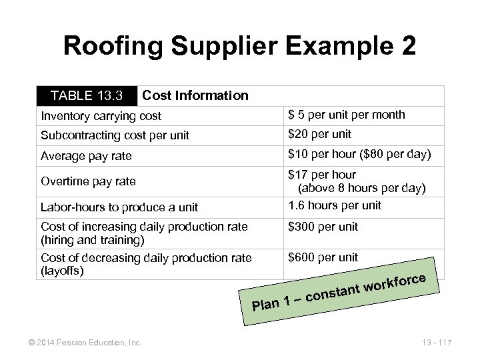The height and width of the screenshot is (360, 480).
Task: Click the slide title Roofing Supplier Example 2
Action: click(240, 46)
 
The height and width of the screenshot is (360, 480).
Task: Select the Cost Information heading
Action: click(195, 95)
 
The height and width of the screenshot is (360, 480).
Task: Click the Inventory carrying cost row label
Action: click(101, 116)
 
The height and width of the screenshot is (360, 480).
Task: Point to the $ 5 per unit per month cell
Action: click(346, 115)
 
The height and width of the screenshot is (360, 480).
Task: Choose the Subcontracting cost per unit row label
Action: click(115, 135)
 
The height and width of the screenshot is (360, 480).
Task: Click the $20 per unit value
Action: click(319, 134)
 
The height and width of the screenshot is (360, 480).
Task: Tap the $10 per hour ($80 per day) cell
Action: click(359, 155)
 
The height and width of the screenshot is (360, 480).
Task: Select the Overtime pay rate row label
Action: click(88, 181)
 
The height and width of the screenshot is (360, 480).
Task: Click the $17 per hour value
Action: click(323, 175)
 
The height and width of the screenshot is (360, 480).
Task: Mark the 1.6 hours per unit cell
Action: click(335, 205)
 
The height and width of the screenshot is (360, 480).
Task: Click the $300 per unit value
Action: click(323, 227)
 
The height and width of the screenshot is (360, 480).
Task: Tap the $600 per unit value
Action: click(323, 257)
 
